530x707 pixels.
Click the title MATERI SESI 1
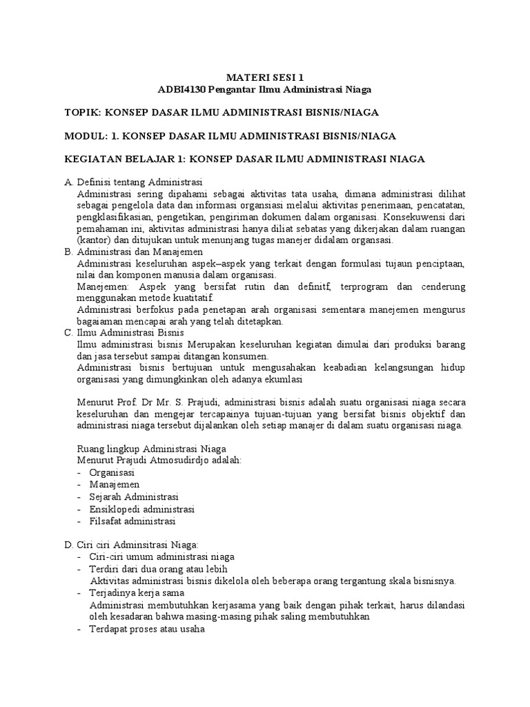click(x=266, y=77)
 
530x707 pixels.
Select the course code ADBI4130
click(x=183, y=89)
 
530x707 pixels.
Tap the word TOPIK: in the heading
click(x=84, y=113)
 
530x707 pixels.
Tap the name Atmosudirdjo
click(x=167, y=461)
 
